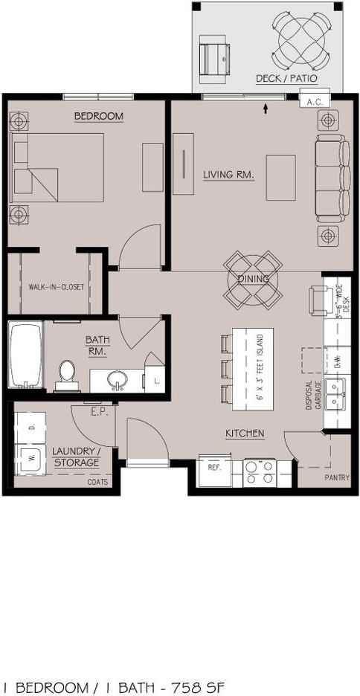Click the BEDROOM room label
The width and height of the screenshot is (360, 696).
pos(98,117)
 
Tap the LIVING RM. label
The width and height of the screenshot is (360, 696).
pos(228,175)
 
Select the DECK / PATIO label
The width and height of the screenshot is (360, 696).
pos(286,78)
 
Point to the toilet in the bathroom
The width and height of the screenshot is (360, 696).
pos(68,373)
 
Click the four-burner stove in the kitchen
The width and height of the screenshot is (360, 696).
pos(260,472)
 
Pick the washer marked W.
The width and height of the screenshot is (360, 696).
pos(31,458)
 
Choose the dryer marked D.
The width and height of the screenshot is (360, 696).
pos(31,426)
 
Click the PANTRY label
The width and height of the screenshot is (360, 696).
pos(336,477)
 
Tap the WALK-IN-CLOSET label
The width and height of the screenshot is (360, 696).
pos(57,287)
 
